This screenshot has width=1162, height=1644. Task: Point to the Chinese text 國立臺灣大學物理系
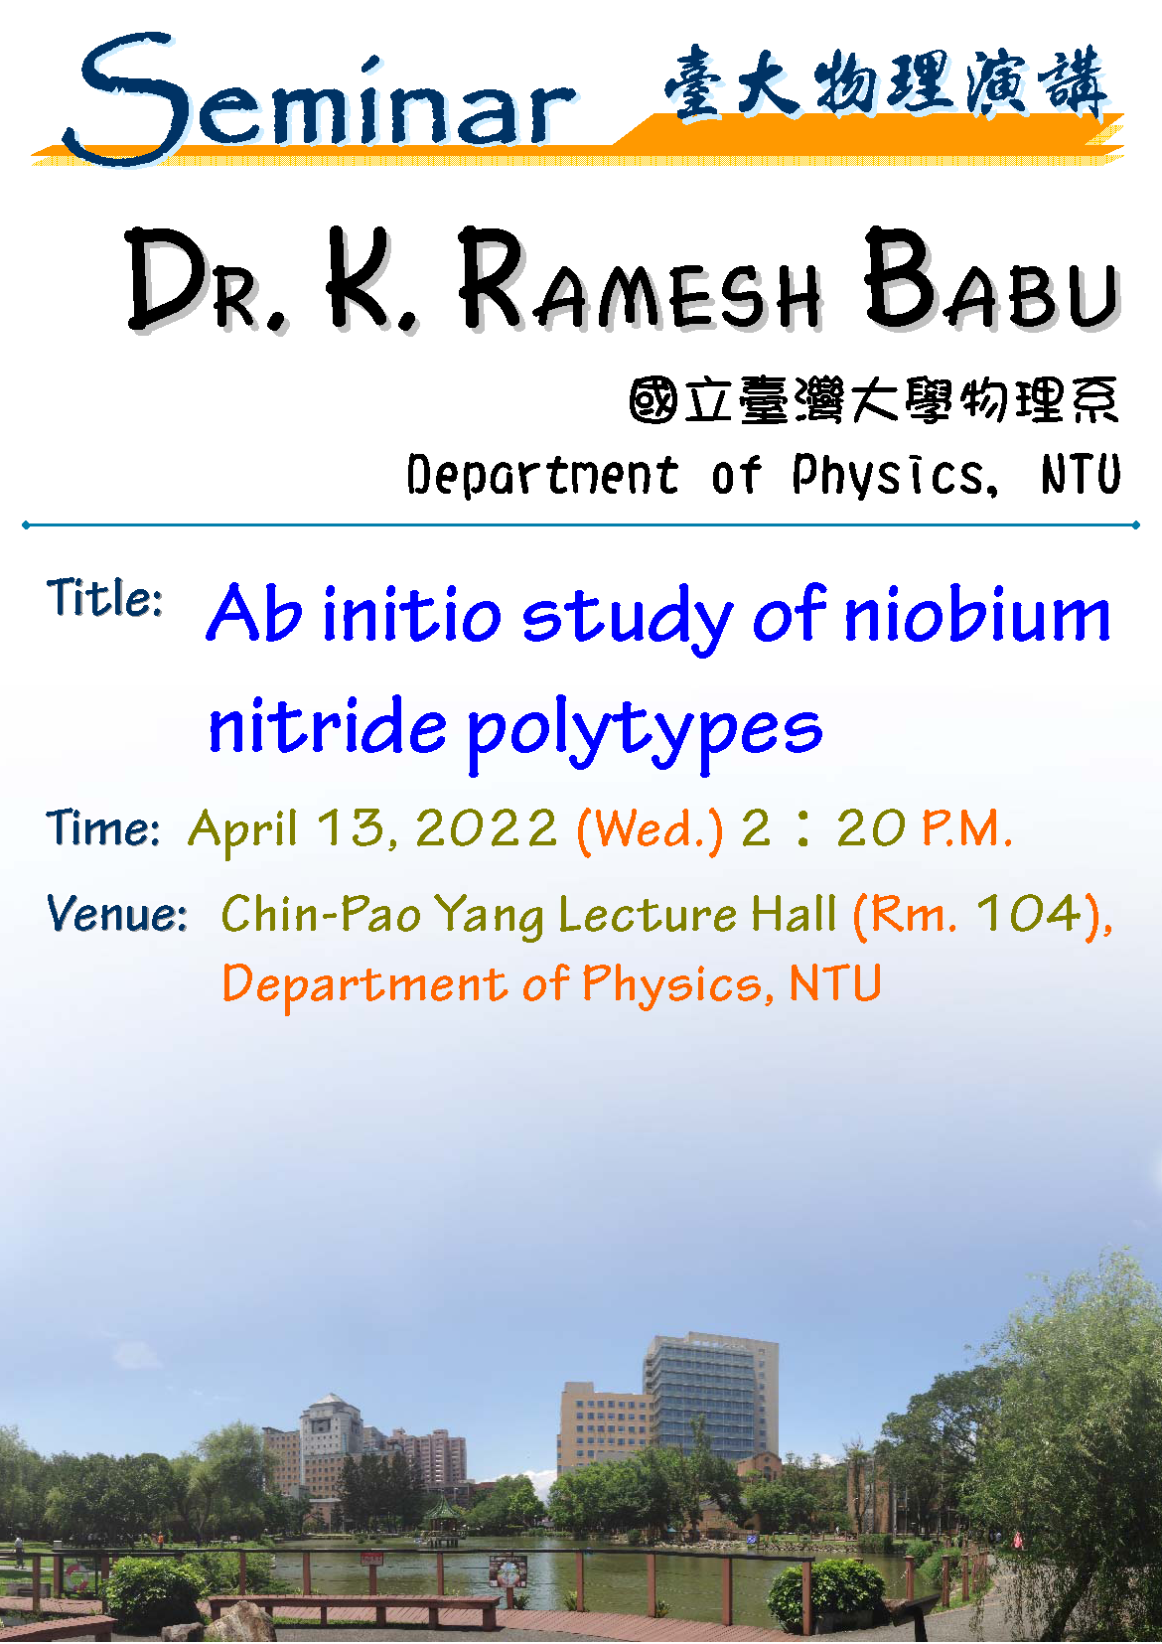[873, 400]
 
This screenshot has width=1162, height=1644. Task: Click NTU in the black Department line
[1081, 474]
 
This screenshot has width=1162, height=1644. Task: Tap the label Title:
[104, 597]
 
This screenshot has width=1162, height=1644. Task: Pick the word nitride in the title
[327, 726]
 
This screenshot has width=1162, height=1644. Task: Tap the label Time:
[102, 828]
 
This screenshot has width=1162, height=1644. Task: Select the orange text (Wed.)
[650, 830]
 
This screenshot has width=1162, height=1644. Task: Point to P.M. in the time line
[967, 828]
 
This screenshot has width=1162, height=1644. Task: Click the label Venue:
[116, 915]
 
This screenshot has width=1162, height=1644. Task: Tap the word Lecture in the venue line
[647, 915]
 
